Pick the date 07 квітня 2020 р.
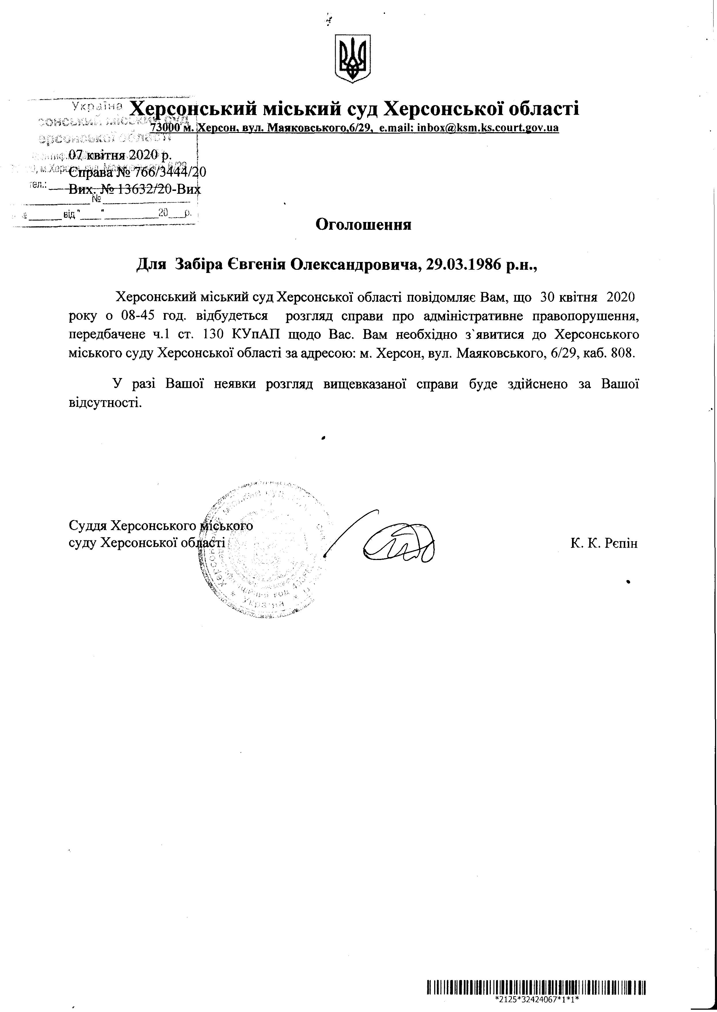(x=120, y=155)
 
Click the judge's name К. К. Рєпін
(x=604, y=543)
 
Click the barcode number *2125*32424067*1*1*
(x=536, y=1000)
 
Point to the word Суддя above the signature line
(x=88, y=526)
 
